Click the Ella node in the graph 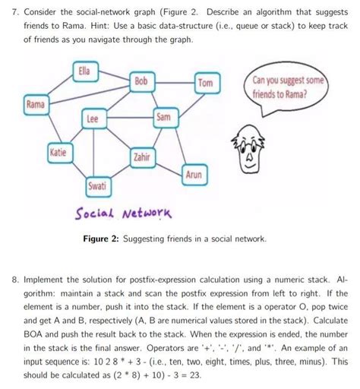(84, 72)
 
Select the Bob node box (142, 81)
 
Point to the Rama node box (34, 103)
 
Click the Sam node (164, 118)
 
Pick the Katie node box (58, 152)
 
